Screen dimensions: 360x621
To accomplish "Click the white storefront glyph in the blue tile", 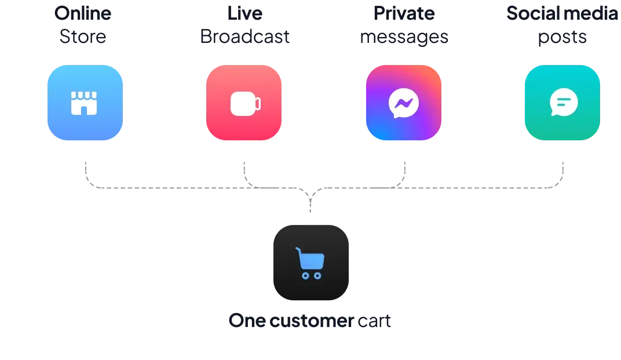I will (83, 103).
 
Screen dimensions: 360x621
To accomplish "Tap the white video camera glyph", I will (245, 104).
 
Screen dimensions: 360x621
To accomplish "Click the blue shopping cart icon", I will (310, 263).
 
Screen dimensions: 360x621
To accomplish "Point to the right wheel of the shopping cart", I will (317, 275).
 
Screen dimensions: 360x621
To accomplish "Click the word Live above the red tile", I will (244, 14).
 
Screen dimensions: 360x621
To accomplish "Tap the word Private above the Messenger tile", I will (403, 14).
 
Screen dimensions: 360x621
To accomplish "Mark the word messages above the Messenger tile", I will (403, 38).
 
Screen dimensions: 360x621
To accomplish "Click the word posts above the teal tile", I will (562, 38).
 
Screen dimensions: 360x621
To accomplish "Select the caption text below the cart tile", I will (310, 321).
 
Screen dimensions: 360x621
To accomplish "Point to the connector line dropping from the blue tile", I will (85, 171).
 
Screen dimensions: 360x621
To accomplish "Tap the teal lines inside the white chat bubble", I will (562, 102).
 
